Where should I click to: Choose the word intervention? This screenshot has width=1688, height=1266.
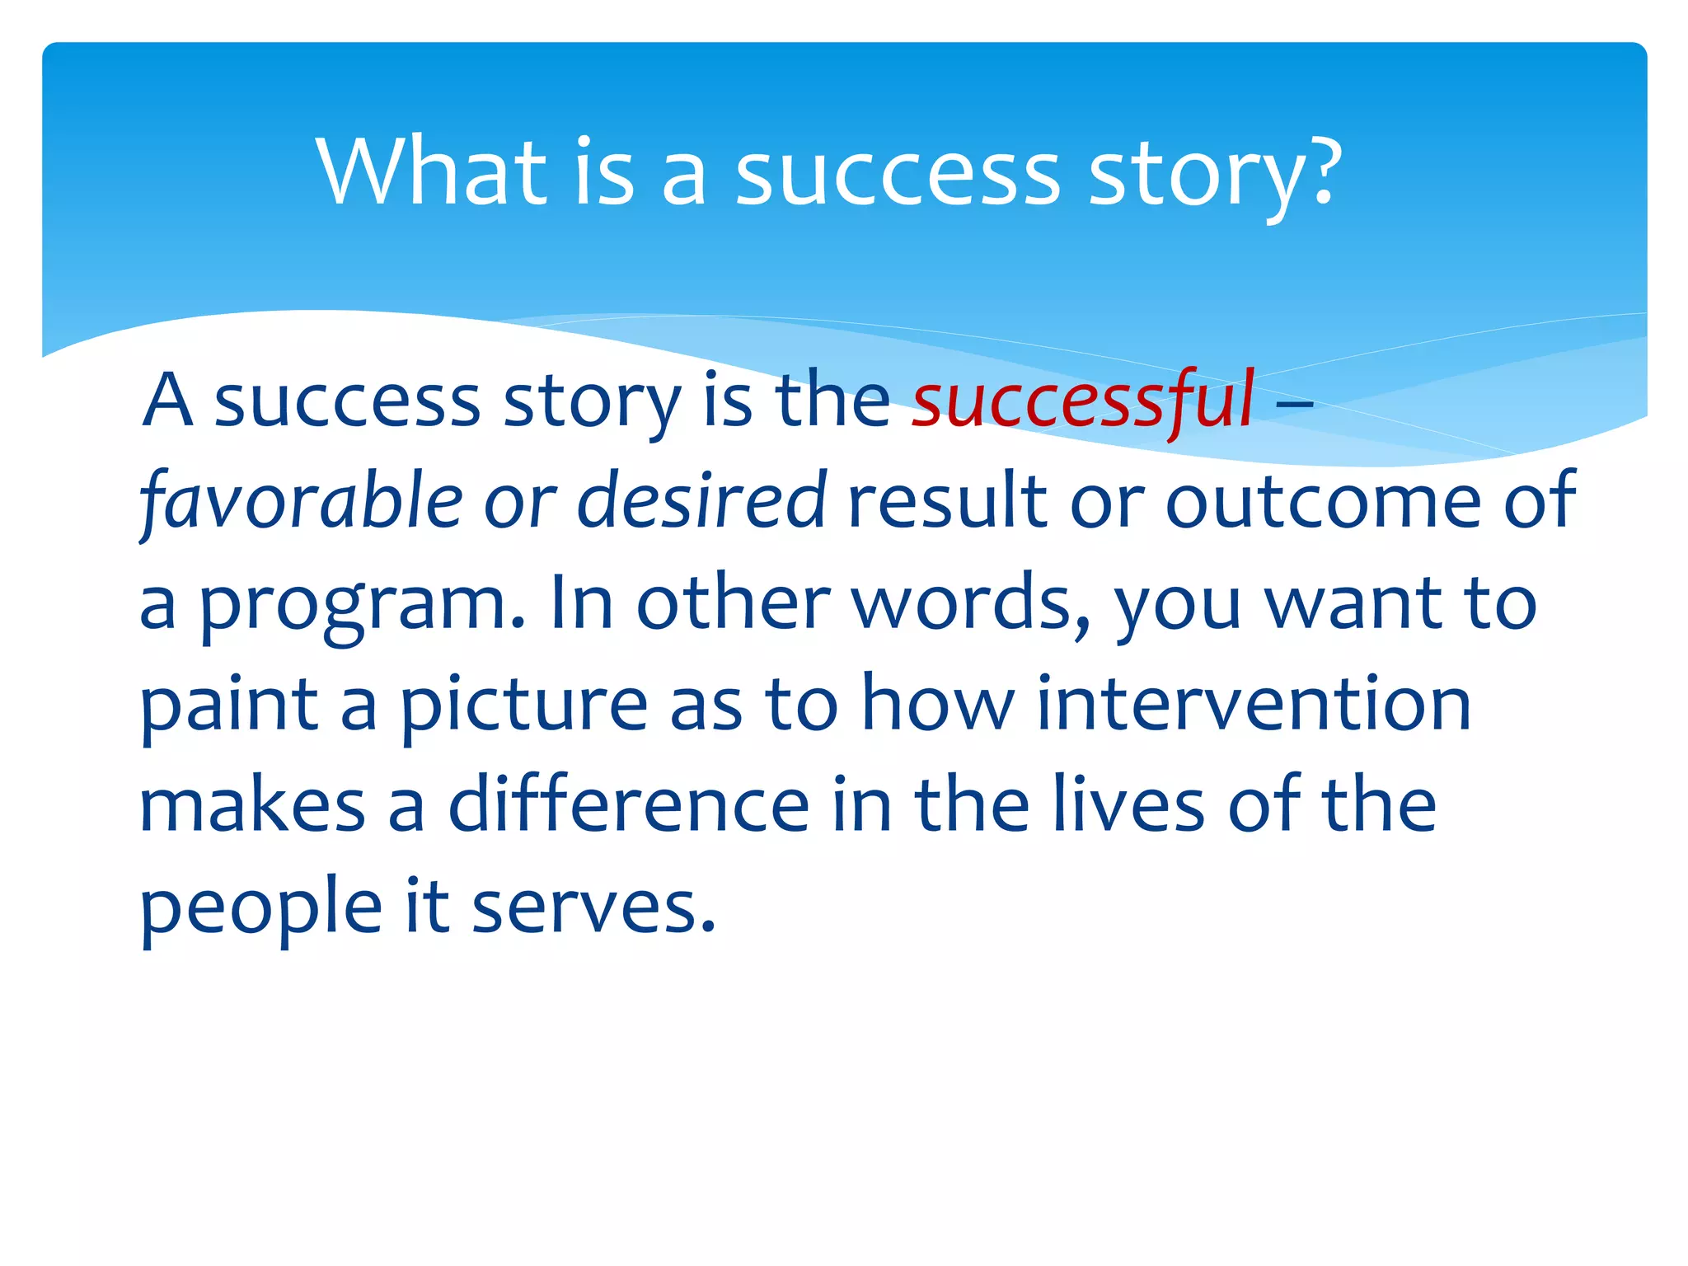pos(1253,705)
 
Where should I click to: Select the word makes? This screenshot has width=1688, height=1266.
pos(252,805)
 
